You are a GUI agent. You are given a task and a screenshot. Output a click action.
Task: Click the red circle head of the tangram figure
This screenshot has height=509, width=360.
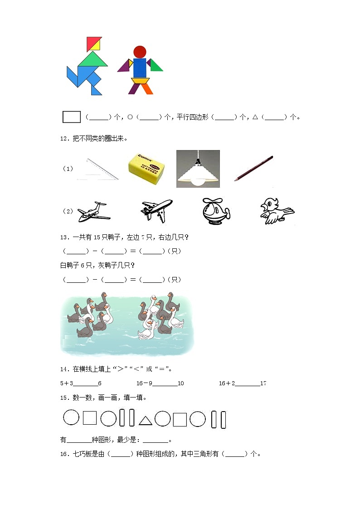click(x=140, y=52)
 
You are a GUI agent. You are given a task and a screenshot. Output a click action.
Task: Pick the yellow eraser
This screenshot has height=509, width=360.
click(x=145, y=169)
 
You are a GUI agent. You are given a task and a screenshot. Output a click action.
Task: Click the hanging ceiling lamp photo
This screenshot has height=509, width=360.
click(x=198, y=169)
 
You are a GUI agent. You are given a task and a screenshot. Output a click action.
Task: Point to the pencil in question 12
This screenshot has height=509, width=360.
click(x=253, y=168)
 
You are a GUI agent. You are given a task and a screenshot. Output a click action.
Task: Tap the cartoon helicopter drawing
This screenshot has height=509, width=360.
click(x=214, y=211)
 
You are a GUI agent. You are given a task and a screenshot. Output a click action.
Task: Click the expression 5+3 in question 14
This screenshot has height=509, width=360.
click(x=67, y=383)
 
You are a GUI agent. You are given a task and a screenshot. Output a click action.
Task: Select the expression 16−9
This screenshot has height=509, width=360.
click(x=145, y=383)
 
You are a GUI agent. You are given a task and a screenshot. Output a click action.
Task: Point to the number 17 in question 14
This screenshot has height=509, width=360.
click(x=263, y=383)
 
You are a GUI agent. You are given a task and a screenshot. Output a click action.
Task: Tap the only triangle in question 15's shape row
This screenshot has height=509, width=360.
click(x=145, y=421)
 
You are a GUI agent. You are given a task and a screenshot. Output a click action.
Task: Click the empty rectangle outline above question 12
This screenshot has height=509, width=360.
click(x=71, y=117)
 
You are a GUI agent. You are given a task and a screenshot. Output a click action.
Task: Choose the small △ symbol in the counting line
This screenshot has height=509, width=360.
click(x=255, y=117)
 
